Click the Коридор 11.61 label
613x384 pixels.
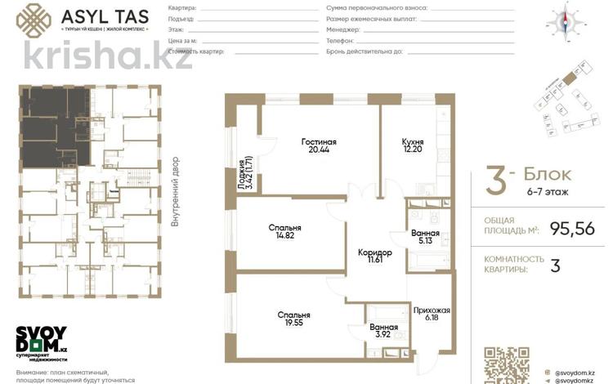click(x=375, y=257)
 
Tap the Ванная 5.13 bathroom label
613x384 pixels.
click(x=426, y=237)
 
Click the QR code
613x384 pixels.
click(x=502, y=364)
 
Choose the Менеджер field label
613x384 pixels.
click(x=342, y=28)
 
